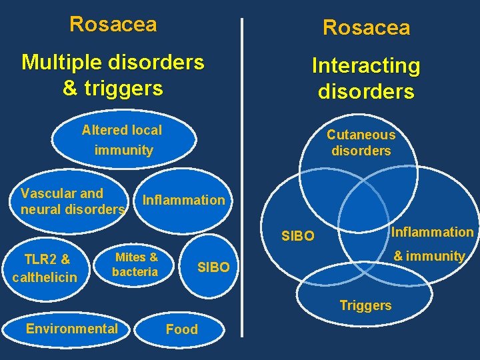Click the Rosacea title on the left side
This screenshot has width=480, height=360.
(113, 24)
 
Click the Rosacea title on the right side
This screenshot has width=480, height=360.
(366, 27)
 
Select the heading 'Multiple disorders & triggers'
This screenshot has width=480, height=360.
(113, 75)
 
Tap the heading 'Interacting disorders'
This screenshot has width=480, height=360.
(366, 78)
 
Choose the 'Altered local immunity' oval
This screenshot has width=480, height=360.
(124, 140)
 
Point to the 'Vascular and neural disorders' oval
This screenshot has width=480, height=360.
(72, 201)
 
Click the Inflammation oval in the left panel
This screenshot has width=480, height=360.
(184, 200)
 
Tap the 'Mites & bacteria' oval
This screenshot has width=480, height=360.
(135, 264)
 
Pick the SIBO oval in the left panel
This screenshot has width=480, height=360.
(213, 267)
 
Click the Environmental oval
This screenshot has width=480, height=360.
(71, 328)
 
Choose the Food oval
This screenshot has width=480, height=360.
(181, 329)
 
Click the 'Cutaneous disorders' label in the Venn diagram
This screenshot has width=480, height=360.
(361, 143)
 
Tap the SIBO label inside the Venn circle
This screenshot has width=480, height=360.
(297, 236)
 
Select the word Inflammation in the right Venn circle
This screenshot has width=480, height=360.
(432, 232)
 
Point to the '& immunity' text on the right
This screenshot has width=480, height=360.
(429, 255)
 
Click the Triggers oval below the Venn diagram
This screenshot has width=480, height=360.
(365, 305)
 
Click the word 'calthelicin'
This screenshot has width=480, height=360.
(45, 276)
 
